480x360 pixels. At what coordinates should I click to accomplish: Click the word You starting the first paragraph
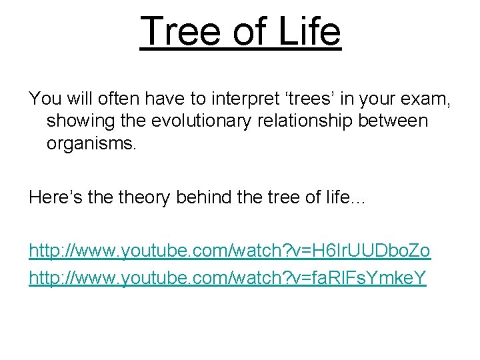tap(44, 99)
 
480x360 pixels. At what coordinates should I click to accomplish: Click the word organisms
tap(91, 143)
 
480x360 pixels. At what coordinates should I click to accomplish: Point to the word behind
tap(206, 197)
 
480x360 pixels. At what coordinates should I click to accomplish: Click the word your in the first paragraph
tap(381, 99)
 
